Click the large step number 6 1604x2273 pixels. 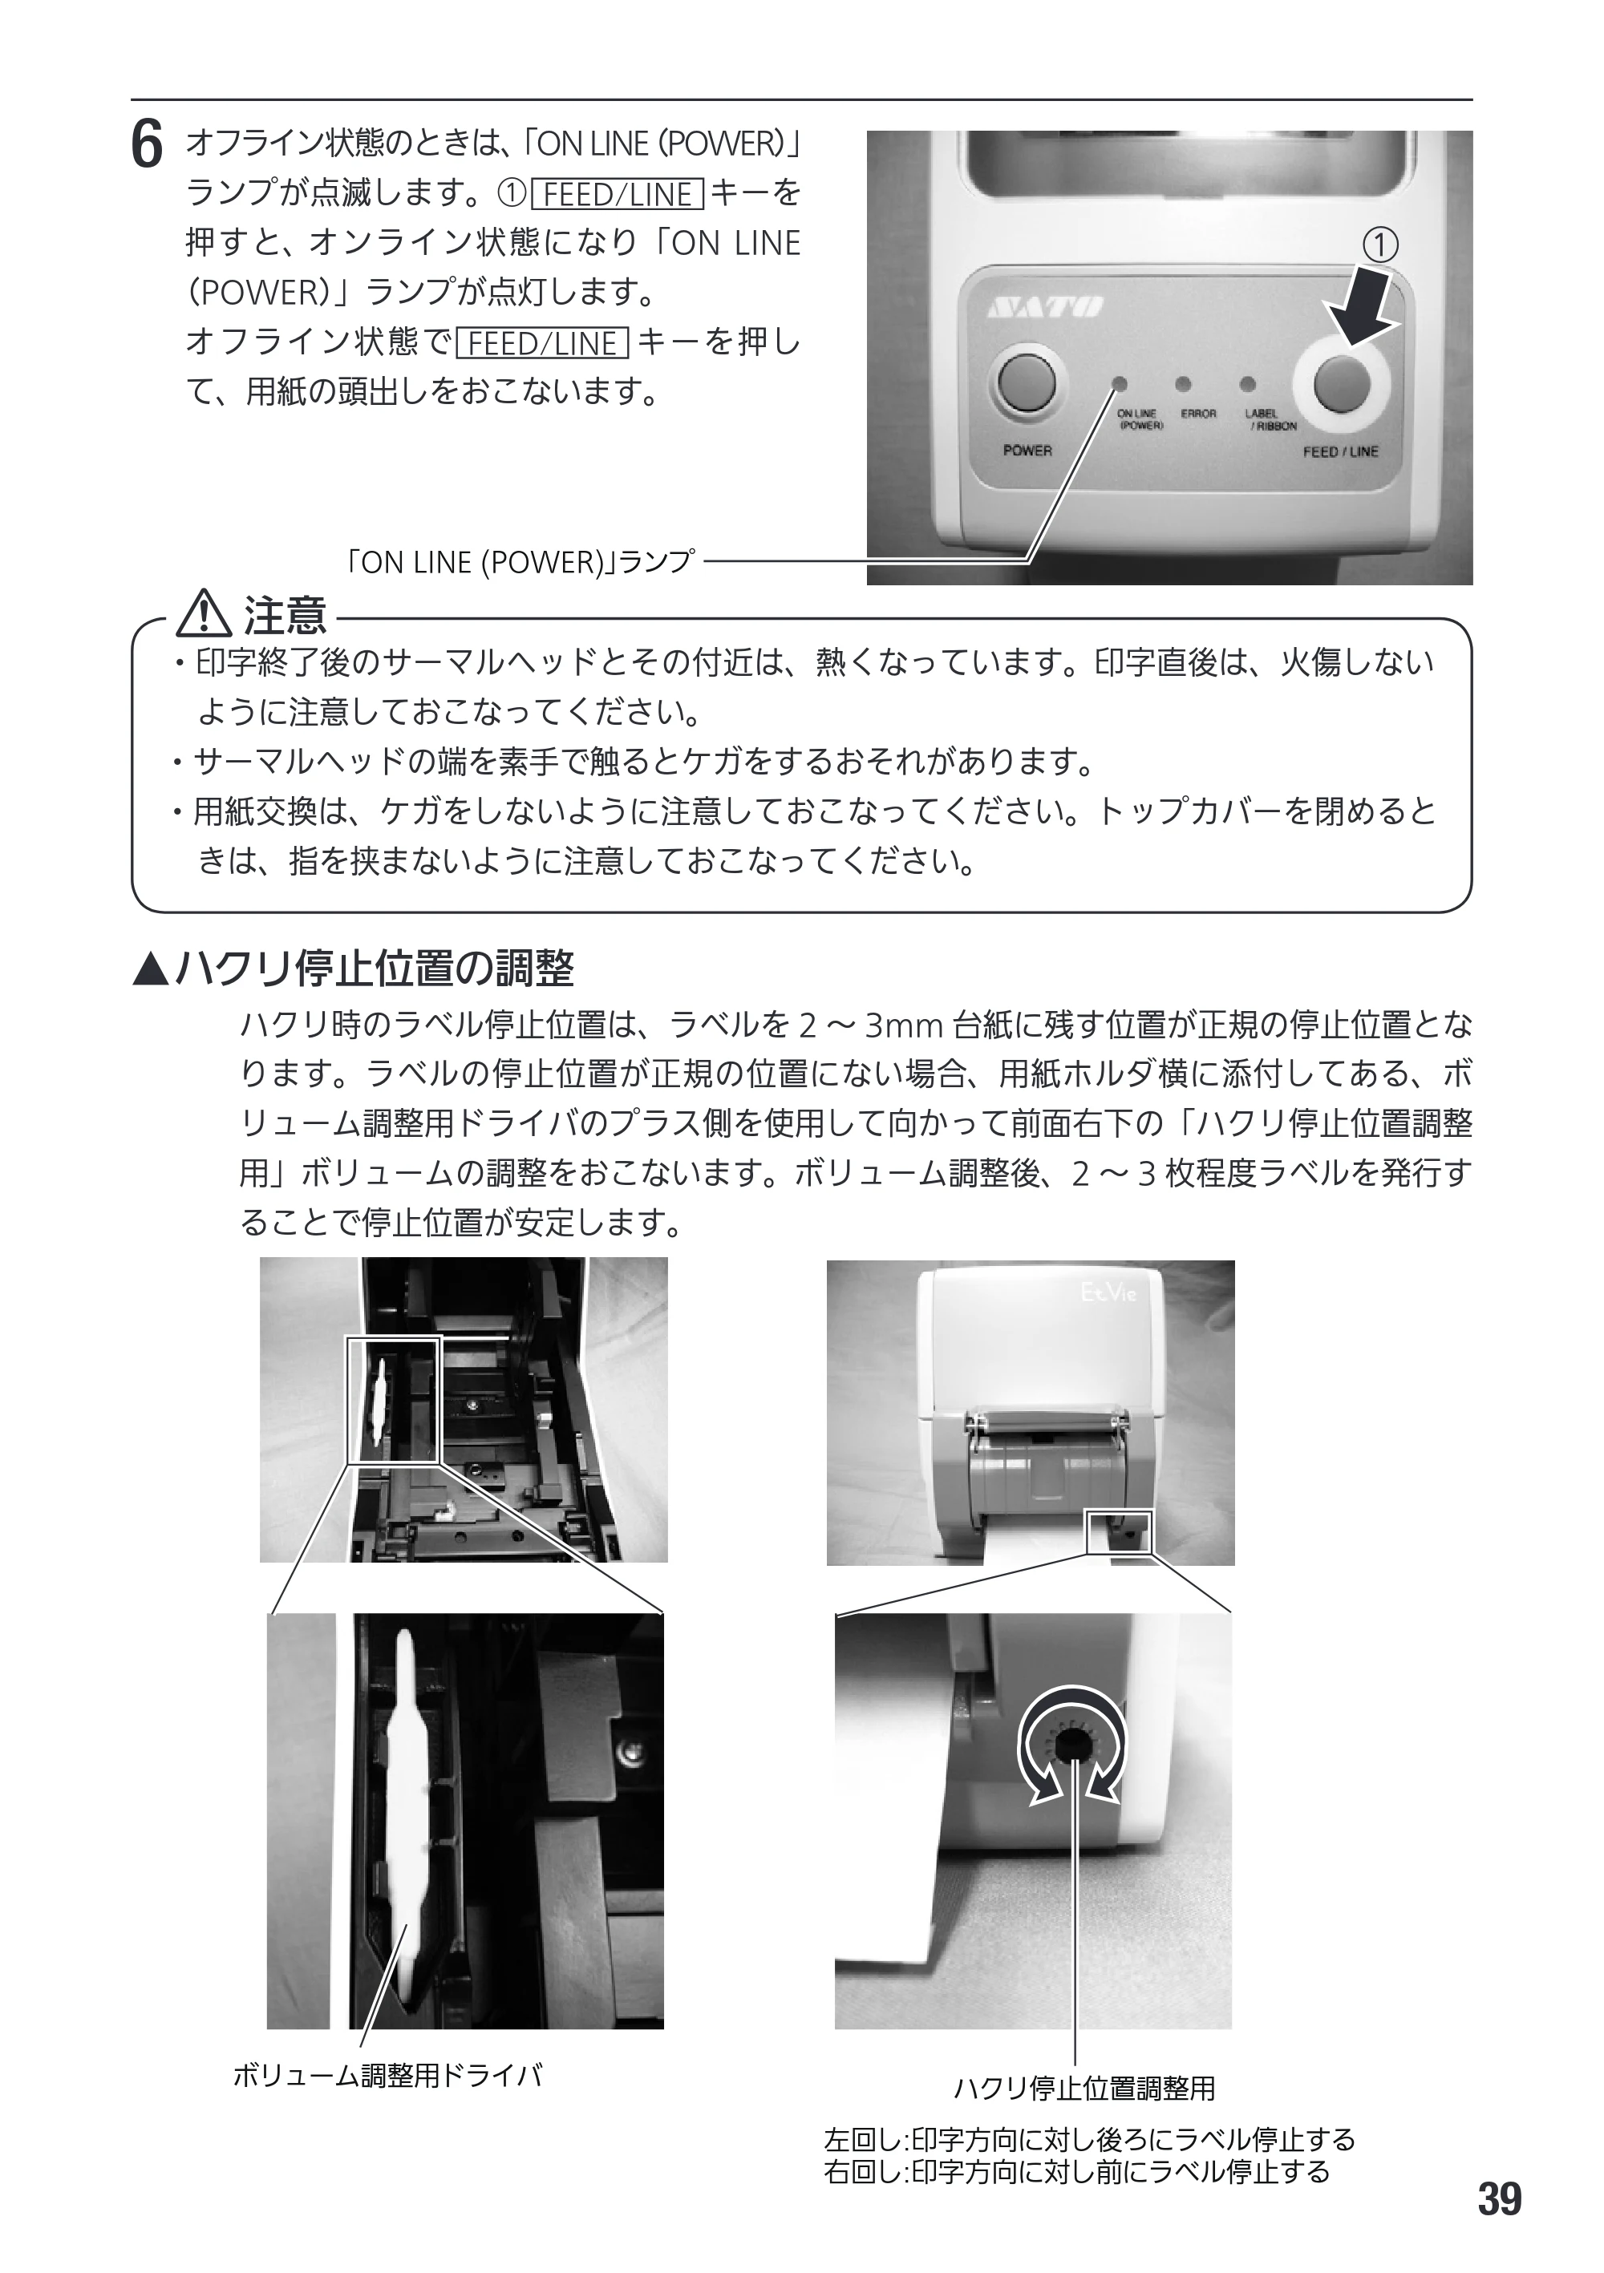tap(147, 147)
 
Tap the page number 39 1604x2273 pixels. tap(1499, 2198)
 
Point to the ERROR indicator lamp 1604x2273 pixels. tap(1183, 383)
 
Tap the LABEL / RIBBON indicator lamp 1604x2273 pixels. tap(1248, 383)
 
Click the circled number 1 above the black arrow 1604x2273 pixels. tap(1381, 245)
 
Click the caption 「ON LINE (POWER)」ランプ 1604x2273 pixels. tap(520, 561)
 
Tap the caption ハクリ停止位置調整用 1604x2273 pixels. tap(1084, 2088)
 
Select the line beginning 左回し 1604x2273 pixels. tap(1089, 2138)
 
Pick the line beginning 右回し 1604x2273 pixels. tap(1076, 2171)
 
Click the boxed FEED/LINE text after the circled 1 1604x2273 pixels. tap(617, 194)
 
